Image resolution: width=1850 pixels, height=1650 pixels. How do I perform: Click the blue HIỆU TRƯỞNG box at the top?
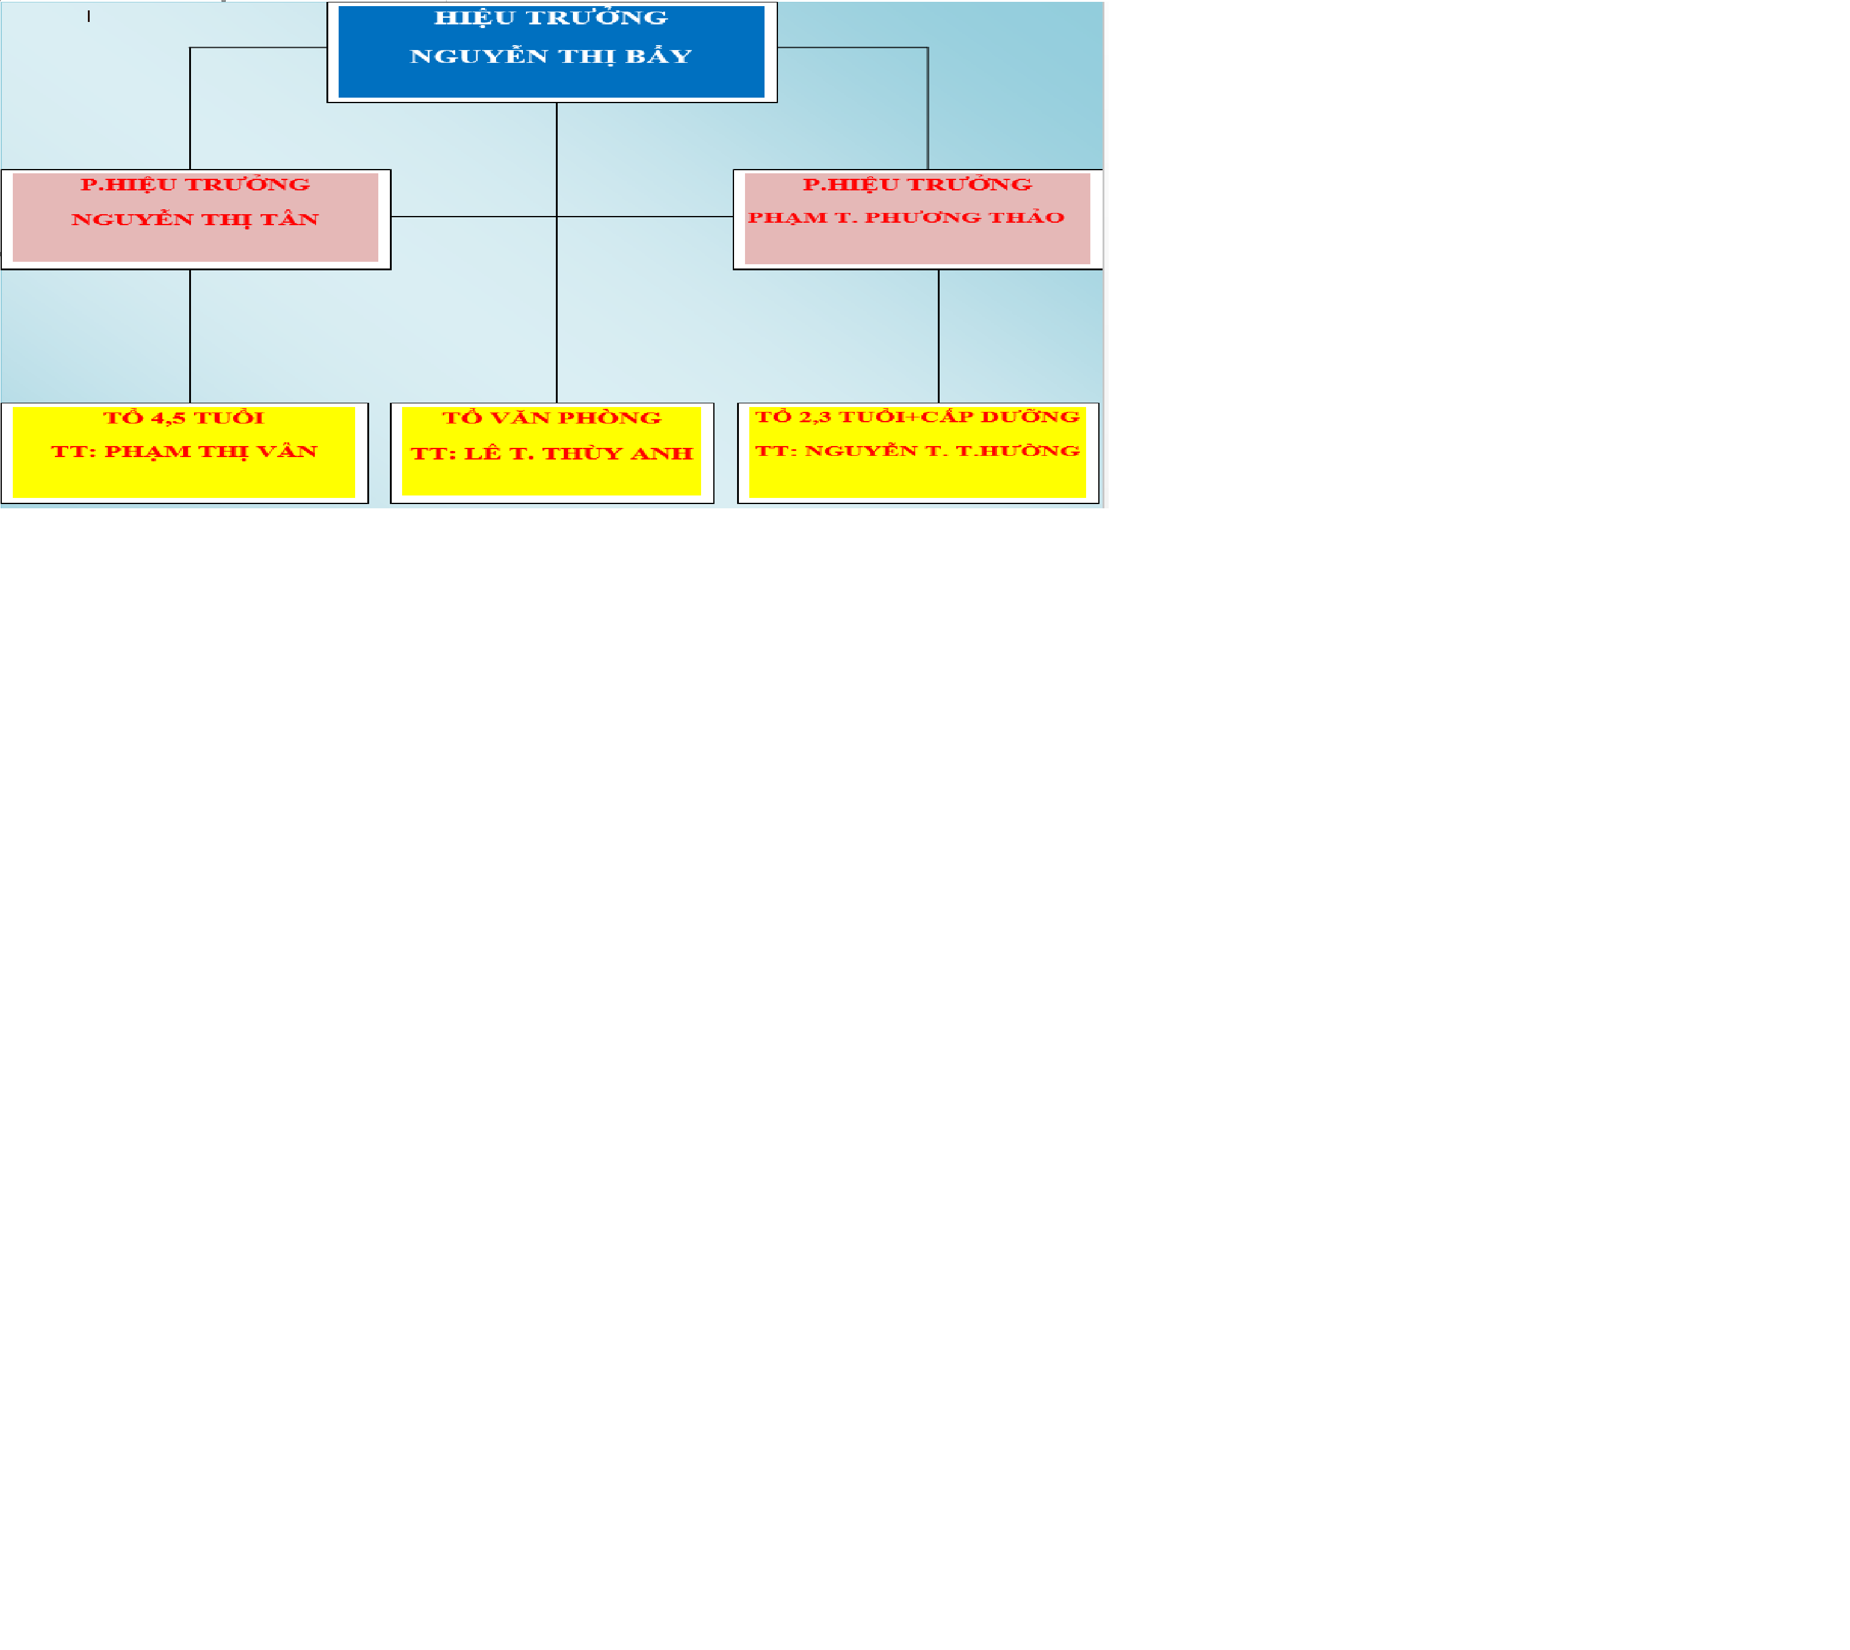tap(551, 52)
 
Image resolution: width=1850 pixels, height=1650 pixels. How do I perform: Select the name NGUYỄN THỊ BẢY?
tap(551, 56)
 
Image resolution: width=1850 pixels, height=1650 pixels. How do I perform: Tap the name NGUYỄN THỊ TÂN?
tap(195, 220)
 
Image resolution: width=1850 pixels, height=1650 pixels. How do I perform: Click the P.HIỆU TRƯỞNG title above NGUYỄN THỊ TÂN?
tap(195, 184)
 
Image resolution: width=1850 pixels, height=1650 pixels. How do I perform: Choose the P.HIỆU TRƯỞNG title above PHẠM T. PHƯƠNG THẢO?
tap(917, 184)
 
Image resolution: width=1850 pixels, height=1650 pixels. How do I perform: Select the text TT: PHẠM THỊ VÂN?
tap(184, 452)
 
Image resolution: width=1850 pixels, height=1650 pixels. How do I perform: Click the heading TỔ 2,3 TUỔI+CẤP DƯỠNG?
tap(917, 417)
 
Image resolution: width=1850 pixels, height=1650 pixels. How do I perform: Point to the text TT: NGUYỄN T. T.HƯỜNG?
tap(917, 450)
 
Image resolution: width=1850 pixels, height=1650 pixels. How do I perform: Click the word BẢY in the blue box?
tap(659, 56)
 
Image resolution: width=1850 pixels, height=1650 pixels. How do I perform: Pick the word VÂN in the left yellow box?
tap(288, 452)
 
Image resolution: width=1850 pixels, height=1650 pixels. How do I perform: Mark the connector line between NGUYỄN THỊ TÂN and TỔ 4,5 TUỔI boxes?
tap(190, 336)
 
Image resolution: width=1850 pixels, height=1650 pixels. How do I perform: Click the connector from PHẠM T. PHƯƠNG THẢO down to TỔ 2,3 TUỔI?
tap(939, 336)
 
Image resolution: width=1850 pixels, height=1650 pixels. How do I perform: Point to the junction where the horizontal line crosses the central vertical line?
tap(556, 217)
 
